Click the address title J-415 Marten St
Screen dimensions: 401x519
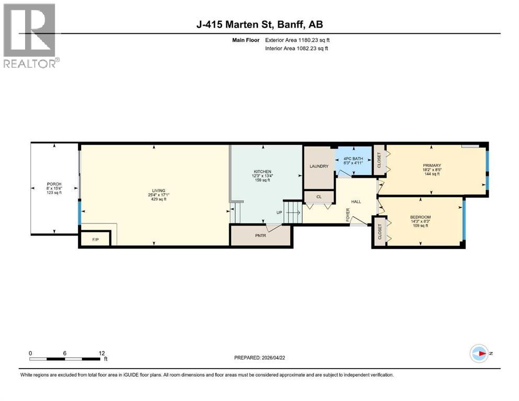tap(259, 25)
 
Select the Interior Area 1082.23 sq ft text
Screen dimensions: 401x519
tap(297, 49)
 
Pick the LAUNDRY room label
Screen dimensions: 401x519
tap(319, 167)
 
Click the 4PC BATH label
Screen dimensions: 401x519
tap(353, 158)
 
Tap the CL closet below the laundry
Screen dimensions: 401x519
tap(319, 197)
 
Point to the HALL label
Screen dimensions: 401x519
tap(356, 201)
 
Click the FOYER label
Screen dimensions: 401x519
tap(348, 215)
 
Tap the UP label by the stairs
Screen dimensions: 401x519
tap(280, 213)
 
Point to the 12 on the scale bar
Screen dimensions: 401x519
tap(101, 353)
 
